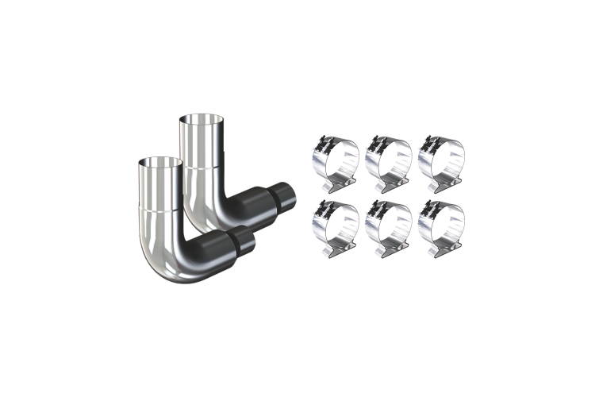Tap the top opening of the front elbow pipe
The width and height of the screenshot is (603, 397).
160,162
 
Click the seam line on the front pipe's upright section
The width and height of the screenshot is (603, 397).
161,209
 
